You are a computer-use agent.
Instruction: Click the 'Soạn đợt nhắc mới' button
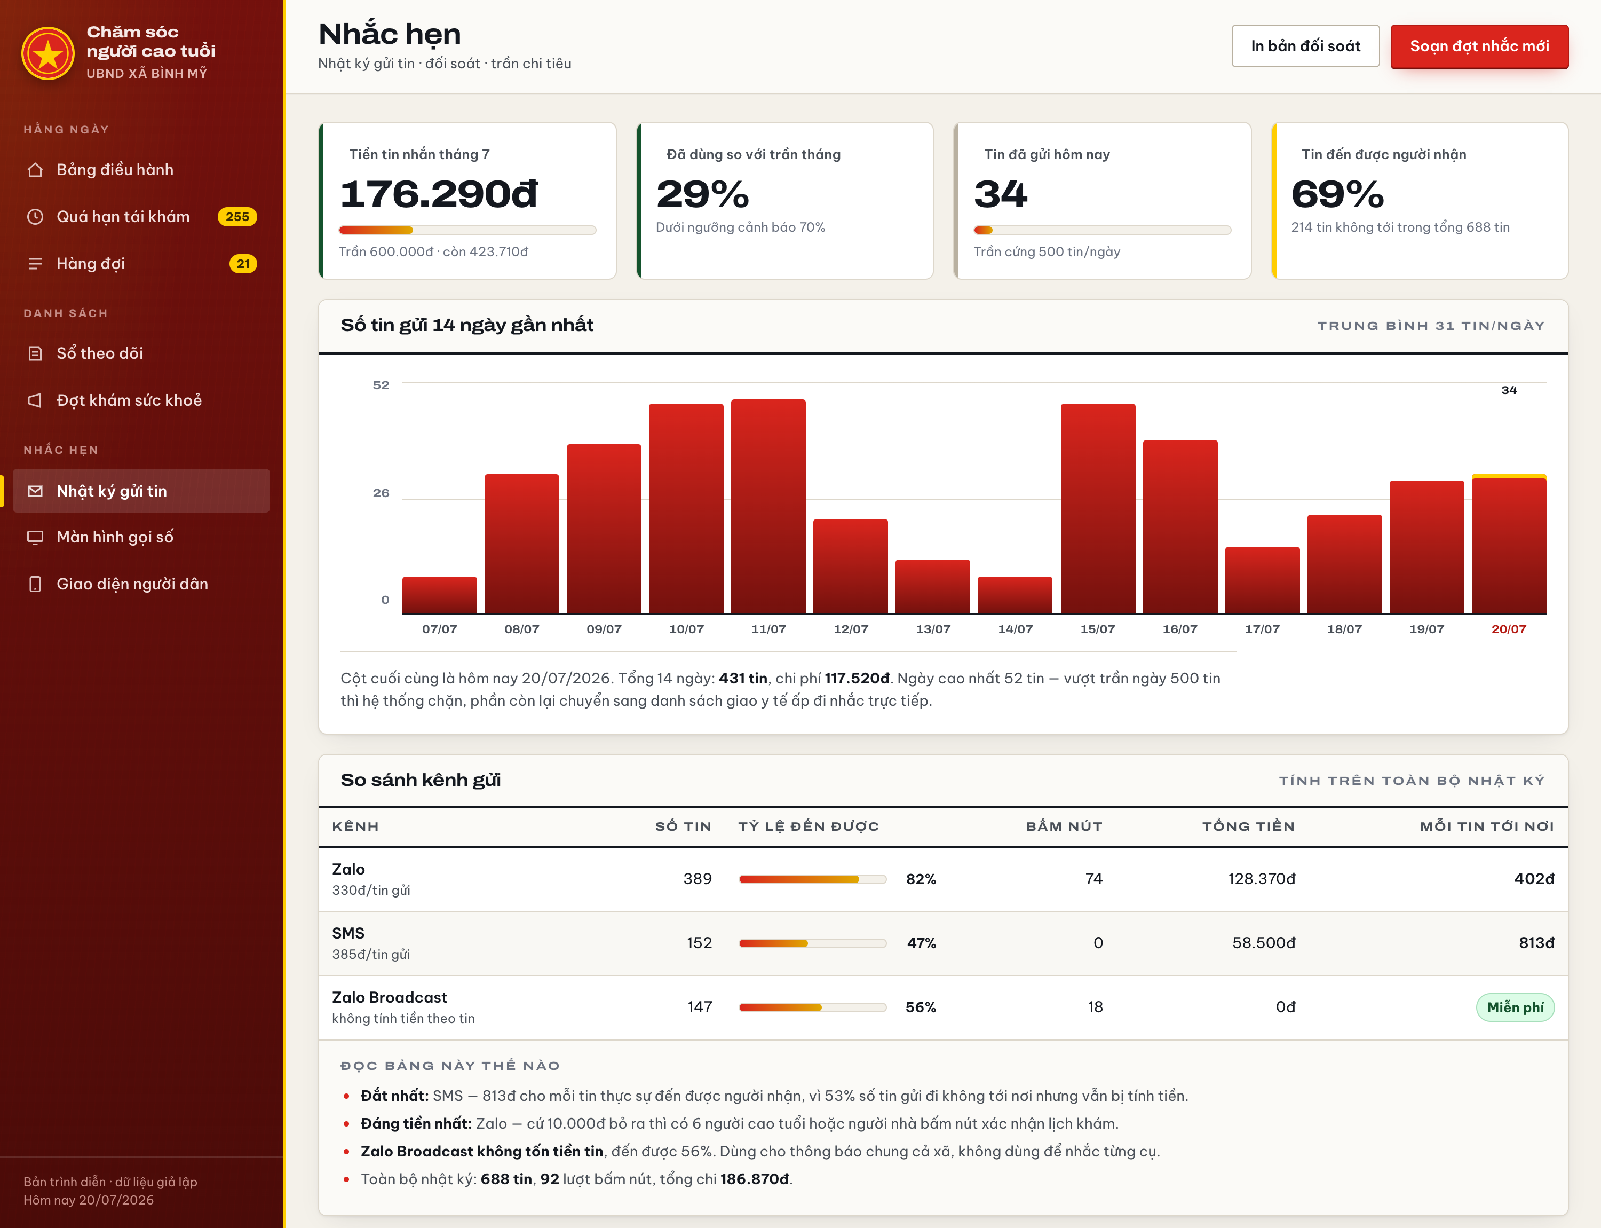coord(1479,46)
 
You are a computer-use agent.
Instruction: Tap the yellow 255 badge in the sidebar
coord(237,216)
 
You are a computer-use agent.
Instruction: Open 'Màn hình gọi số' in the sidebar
coord(115,537)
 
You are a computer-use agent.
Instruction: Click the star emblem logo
coord(48,53)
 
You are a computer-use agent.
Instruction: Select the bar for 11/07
coord(768,506)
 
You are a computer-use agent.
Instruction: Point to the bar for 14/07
coord(1015,595)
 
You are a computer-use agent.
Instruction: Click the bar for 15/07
coord(1098,508)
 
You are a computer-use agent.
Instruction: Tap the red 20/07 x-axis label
coord(1508,628)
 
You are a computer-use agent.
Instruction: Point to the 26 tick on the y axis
coord(381,493)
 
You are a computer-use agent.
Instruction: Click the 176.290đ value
coord(439,194)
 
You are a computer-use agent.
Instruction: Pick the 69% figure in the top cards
coord(1337,194)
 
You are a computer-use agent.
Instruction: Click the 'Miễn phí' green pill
coord(1515,1007)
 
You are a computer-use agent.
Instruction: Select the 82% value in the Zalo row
coord(921,879)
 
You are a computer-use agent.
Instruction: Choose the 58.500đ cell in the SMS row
coord(1263,943)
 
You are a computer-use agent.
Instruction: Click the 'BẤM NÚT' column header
coord(1064,826)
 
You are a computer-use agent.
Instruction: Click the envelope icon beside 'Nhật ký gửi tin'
coord(35,491)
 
